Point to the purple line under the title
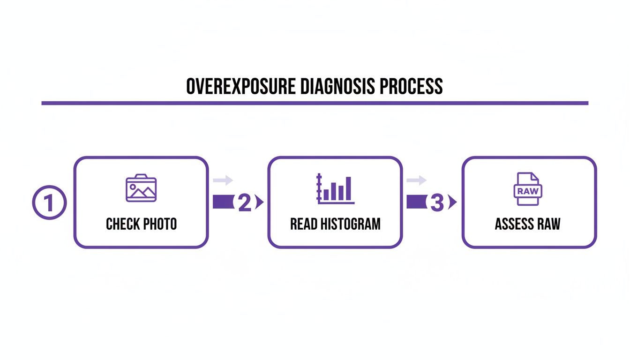pyautogui.click(x=315, y=103)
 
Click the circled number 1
pyautogui.click(x=49, y=203)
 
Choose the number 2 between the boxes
pyautogui.click(x=245, y=203)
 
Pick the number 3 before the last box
pyautogui.click(x=436, y=203)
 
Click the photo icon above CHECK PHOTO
pyautogui.click(x=141, y=188)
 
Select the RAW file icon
pyautogui.click(x=528, y=189)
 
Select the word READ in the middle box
pyautogui.click(x=304, y=224)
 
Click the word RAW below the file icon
pyautogui.click(x=549, y=224)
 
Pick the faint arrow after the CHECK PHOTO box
pyautogui.click(x=223, y=180)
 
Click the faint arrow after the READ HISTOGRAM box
pyautogui.click(x=417, y=180)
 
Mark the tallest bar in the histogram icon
pyautogui.click(x=348, y=188)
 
